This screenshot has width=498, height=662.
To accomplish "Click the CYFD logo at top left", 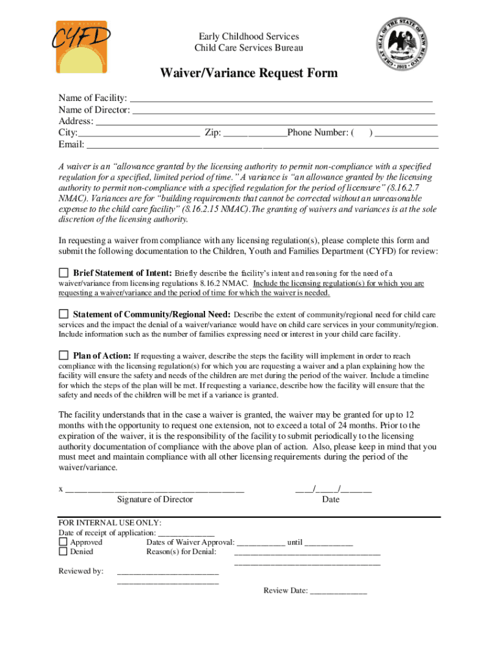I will tap(81, 45).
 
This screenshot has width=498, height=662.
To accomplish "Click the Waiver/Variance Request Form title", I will tap(249, 73).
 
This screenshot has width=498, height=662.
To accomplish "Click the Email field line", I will tap(263, 145).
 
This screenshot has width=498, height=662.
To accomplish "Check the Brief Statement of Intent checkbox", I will tap(63, 272).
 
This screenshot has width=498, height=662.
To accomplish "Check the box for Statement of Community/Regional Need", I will tap(63, 314).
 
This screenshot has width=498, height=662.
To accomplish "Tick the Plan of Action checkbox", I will tap(63, 355).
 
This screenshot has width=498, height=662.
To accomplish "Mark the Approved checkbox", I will tap(63, 542).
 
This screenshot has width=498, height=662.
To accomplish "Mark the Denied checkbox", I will tap(63, 551).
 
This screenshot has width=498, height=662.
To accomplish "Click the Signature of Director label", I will tap(155, 499).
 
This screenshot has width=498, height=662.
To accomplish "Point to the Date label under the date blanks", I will tap(330, 499).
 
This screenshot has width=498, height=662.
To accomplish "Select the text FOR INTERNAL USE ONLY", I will tap(110, 523).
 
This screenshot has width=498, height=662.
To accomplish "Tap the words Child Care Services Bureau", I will tap(248, 48).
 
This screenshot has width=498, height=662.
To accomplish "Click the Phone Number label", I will tap(318, 133).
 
